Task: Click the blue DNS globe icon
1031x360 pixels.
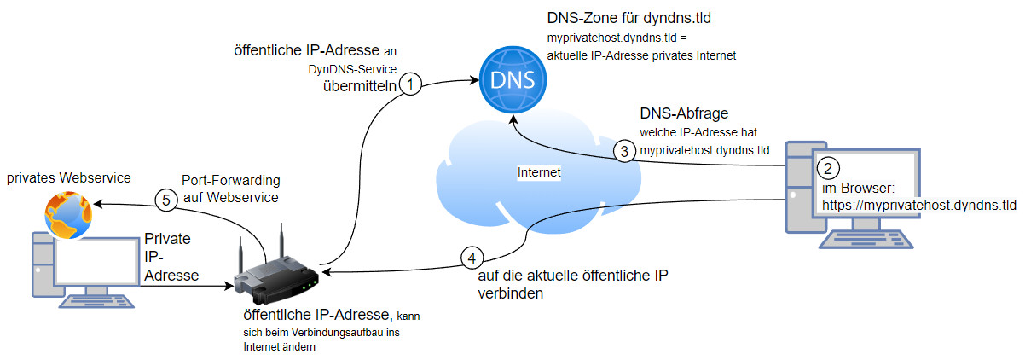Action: click(x=513, y=79)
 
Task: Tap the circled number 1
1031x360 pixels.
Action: click(x=410, y=84)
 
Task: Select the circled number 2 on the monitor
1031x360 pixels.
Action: click(x=828, y=169)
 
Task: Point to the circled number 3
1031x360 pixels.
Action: click(x=624, y=151)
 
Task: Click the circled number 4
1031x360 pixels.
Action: click(x=472, y=258)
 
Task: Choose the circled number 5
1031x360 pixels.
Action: click(x=166, y=200)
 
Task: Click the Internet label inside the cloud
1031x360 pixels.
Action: click(x=539, y=172)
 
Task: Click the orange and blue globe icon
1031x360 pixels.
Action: click(x=68, y=215)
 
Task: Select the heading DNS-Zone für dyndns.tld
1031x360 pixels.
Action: click(x=628, y=18)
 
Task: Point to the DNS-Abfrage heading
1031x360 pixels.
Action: click(x=684, y=113)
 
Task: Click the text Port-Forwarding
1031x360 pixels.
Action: click(x=231, y=180)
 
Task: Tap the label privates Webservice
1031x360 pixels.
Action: click(x=69, y=177)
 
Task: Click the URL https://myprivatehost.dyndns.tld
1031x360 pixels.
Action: click(x=919, y=205)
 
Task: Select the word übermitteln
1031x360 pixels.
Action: click(x=360, y=86)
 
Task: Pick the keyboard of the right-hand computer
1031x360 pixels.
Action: click(x=866, y=240)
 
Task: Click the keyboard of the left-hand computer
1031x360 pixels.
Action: click(x=96, y=301)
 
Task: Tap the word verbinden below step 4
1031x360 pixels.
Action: click(x=511, y=293)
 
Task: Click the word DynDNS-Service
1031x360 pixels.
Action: click(x=352, y=69)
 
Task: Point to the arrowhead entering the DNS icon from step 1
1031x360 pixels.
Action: click(x=474, y=80)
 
